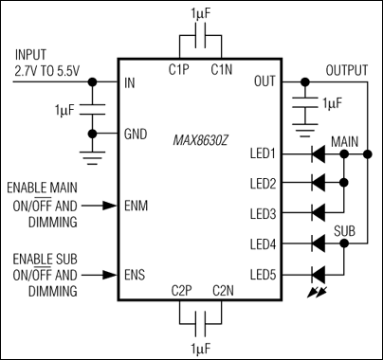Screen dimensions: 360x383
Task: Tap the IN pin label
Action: click(130, 82)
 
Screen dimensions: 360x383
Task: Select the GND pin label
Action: click(135, 135)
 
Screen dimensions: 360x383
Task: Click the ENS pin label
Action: click(136, 275)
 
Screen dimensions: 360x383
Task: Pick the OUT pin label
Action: click(266, 82)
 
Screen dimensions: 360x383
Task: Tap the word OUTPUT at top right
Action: click(347, 70)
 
